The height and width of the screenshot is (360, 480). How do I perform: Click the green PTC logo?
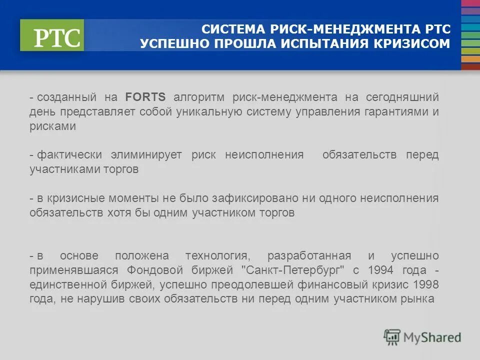coord(52,35)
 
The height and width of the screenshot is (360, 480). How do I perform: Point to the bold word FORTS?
coord(145,97)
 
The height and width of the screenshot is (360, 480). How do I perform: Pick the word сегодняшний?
coord(408,97)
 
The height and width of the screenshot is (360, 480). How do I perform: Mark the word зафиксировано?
coord(254,198)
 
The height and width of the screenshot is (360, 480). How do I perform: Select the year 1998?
coord(426,285)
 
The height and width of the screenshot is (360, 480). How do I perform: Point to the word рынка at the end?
coord(421,299)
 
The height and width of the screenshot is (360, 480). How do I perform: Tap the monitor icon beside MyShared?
coord(392,337)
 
